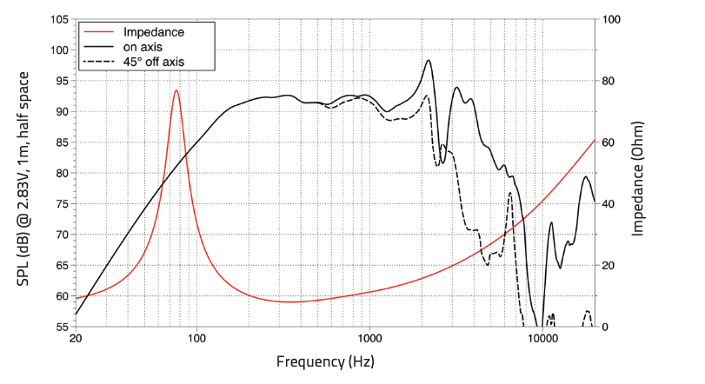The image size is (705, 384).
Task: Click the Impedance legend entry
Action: tap(152, 32)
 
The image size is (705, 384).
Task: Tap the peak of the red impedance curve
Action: tap(176, 90)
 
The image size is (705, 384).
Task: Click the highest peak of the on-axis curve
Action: tap(429, 60)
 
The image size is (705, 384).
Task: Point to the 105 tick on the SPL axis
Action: tap(58, 19)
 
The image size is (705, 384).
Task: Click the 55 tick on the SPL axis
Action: tap(62, 327)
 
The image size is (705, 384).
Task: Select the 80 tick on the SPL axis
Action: tap(62, 173)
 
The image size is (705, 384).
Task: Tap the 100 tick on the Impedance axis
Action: tap(613, 19)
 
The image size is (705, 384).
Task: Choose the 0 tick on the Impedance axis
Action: tap(606, 327)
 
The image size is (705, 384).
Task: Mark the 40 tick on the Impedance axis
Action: tap(609, 203)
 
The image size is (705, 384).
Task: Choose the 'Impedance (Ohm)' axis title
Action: tap(638, 174)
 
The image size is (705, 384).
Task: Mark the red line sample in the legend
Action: tap(97, 32)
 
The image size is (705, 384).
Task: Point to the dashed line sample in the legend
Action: tap(97, 62)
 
